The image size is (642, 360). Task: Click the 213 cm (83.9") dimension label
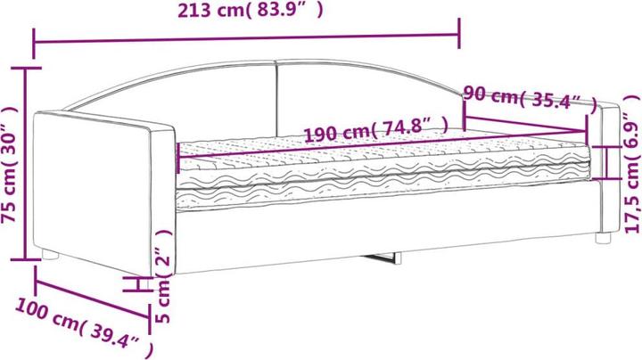250,10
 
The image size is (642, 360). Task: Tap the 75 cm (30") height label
10,165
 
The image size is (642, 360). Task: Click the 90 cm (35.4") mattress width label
531,99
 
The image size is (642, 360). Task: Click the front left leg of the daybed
50,255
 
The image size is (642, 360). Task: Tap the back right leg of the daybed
603,238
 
